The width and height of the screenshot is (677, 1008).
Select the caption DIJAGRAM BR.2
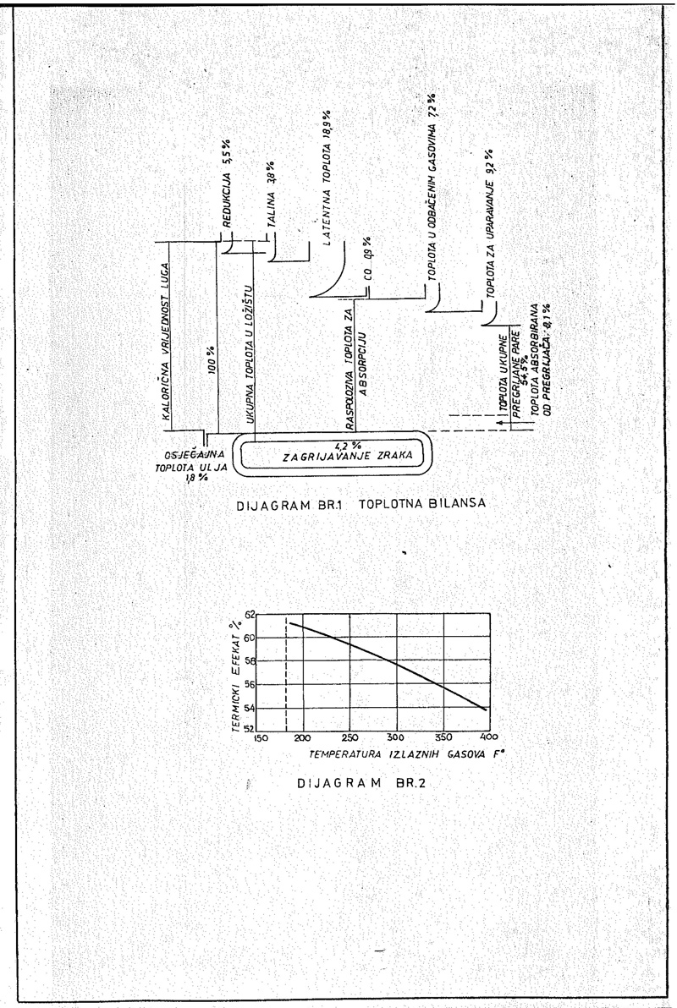tap(355, 782)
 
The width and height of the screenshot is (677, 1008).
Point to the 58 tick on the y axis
tap(248, 661)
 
